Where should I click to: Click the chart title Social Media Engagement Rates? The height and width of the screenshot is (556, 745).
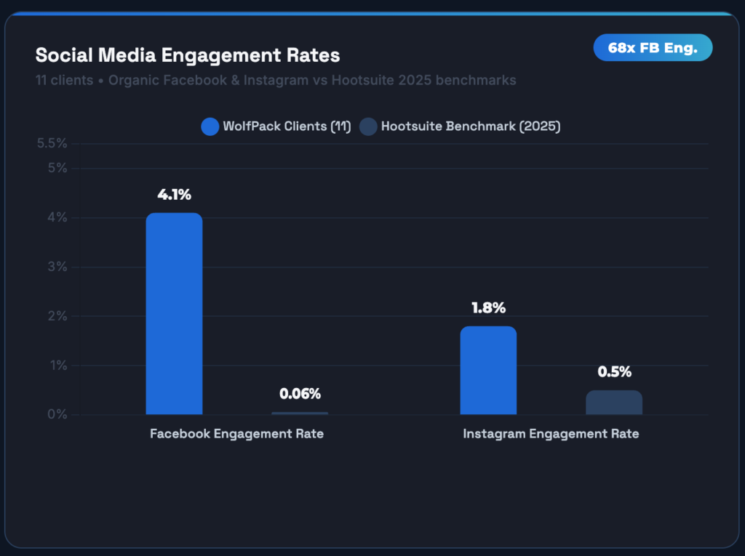(188, 55)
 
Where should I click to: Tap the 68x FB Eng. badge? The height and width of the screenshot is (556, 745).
(653, 48)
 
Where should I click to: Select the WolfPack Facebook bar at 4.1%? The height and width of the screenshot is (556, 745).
(174, 314)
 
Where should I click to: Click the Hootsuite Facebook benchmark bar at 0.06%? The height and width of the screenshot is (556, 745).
(300, 413)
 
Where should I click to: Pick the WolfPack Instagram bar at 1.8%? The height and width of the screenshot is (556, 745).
(488, 371)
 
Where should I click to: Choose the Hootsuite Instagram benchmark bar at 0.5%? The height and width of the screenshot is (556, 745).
(614, 403)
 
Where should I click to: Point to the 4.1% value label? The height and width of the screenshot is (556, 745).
(174, 195)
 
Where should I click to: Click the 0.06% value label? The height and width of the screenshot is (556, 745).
(300, 394)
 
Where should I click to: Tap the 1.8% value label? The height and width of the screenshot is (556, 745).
(488, 308)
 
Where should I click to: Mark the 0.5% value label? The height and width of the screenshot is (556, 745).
(614, 372)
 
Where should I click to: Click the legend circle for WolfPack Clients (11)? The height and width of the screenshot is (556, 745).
(210, 126)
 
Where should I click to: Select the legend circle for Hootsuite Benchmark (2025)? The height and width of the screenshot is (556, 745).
(368, 126)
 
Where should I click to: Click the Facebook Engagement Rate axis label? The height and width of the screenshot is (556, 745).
(236, 434)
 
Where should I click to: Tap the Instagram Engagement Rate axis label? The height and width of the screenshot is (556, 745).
(551, 434)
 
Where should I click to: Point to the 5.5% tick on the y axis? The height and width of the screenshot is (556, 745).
(52, 143)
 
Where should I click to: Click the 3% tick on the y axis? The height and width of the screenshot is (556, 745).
(57, 267)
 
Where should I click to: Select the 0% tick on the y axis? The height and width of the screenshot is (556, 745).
(57, 414)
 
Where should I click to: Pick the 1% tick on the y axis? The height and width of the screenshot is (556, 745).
(57, 366)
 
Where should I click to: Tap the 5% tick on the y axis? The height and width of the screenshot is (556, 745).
(57, 168)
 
